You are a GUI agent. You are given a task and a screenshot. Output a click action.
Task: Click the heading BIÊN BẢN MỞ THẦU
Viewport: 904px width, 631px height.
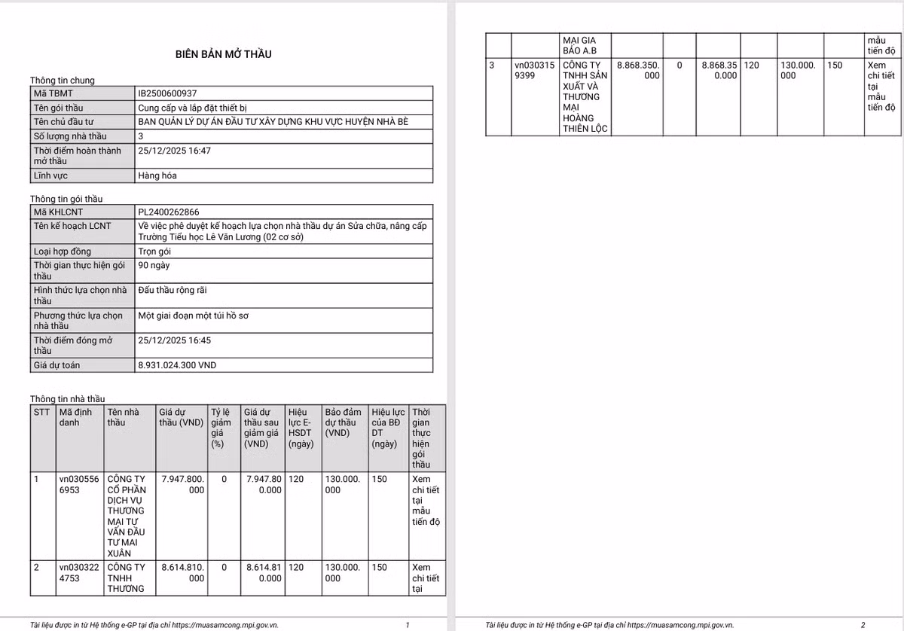point(223,54)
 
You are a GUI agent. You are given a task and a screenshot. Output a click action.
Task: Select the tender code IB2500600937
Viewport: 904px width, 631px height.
point(167,93)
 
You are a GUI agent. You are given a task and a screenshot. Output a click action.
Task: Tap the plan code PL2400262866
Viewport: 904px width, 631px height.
point(168,212)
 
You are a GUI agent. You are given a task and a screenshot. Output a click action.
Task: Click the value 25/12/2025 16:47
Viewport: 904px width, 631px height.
point(174,151)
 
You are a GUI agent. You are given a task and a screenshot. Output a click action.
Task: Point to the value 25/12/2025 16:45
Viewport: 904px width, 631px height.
point(174,340)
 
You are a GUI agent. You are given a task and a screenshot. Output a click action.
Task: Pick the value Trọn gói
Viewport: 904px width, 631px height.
point(154,251)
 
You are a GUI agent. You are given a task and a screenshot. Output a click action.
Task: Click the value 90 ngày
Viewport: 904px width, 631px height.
point(154,265)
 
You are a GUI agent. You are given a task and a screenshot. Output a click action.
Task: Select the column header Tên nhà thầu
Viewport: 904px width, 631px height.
point(124,417)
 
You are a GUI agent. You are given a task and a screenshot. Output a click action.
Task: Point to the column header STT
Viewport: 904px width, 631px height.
point(41,412)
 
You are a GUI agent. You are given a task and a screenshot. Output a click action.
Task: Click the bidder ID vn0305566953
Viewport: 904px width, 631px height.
point(79,484)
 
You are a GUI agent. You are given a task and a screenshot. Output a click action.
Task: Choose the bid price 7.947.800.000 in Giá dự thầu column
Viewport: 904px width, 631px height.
point(183,484)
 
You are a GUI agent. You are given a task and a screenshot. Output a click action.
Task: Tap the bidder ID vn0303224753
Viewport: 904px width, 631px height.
point(79,573)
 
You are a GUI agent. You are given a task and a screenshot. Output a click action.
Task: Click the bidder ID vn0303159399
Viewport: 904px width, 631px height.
point(534,71)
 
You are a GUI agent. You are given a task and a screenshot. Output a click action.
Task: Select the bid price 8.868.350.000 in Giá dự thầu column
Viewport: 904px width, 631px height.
point(638,71)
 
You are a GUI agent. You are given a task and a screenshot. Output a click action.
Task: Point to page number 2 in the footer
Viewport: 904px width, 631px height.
point(863,625)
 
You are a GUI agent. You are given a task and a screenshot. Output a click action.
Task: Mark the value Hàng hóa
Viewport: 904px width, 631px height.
point(157,175)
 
